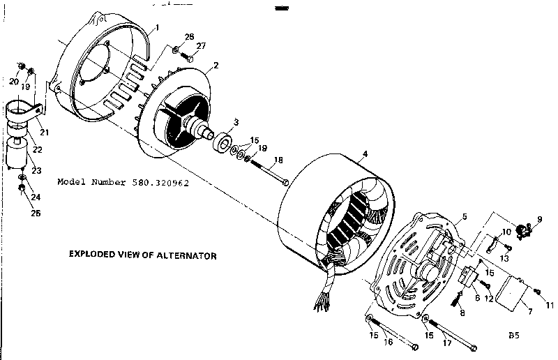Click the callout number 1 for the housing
[157, 27]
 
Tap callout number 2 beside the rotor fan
[216, 66]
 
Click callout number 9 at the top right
[538, 218]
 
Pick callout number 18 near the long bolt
[278, 160]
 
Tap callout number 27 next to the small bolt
[201, 46]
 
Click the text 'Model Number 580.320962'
[123, 182]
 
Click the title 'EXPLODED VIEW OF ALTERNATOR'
[142, 255]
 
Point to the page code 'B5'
[514, 335]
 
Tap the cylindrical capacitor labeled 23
[16, 153]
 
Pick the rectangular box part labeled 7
[513, 292]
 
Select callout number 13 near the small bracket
[504, 257]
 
